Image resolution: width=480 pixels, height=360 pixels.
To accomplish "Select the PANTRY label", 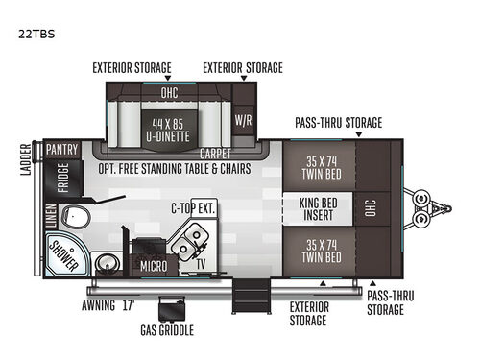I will pyautogui.click(x=60, y=151).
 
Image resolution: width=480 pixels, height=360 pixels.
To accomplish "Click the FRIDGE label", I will pyautogui.click(x=62, y=179).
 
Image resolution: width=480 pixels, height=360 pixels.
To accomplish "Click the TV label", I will pyautogui.click(x=201, y=261).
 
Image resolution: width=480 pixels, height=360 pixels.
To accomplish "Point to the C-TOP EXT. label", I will pyautogui.click(x=194, y=206).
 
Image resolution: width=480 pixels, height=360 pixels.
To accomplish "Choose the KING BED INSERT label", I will pyautogui.click(x=320, y=206).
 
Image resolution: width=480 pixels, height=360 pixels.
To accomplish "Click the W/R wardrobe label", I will pyautogui.click(x=243, y=122).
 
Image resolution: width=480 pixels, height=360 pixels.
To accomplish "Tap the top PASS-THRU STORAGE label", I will pyautogui.click(x=339, y=122).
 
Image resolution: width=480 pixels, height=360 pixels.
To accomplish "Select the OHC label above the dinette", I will pyautogui.click(x=169, y=92).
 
